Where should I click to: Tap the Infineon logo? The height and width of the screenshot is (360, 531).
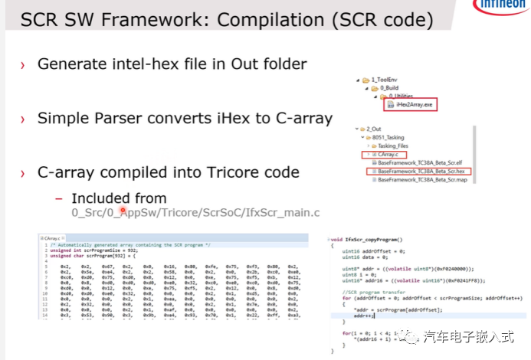[x=501, y=6]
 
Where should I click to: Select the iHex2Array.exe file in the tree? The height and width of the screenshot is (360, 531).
[x=415, y=105]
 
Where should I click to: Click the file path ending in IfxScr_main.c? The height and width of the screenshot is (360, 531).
[x=195, y=212]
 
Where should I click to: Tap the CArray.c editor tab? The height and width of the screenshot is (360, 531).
[x=51, y=239]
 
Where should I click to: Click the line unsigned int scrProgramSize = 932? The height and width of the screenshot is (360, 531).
[x=98, y=250]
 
